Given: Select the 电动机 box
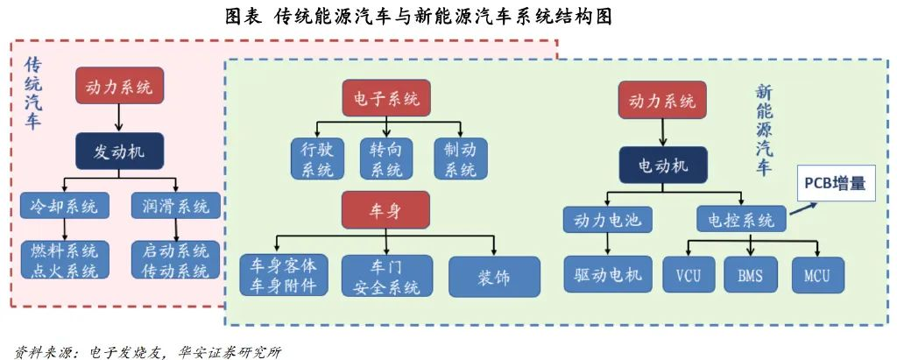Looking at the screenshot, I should pyautogui.click(x=662, y=165).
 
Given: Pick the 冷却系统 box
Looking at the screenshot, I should pyautogui.click(x=65, y=207).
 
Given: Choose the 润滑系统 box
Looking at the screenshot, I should pyautogui.click(x=175, y=207).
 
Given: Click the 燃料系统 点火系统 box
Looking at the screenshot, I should pyautogui.click(x=65, y=260).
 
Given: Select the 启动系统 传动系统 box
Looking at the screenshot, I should pyautogui.click(x=175, y=260).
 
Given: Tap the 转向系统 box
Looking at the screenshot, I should pyautogui.click(x=386, y=159).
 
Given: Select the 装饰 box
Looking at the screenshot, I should pyautogui.click(x=494, y=277).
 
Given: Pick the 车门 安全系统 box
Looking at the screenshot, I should pyautogui.click(x=386, y=277).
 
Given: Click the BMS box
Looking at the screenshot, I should pyautogui.click(x=750, y=277).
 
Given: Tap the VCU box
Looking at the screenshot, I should pyautogui.click(x=689, y=277).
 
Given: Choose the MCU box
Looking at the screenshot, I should pyautogui.click(x=816, y=277).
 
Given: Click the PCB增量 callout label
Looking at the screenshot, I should pyautogui.click(x=835, y=184).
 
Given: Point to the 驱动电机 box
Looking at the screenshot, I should pyautogui.click(x=609, y=277).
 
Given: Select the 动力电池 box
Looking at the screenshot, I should pyautogui.click(x=608, y=220).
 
